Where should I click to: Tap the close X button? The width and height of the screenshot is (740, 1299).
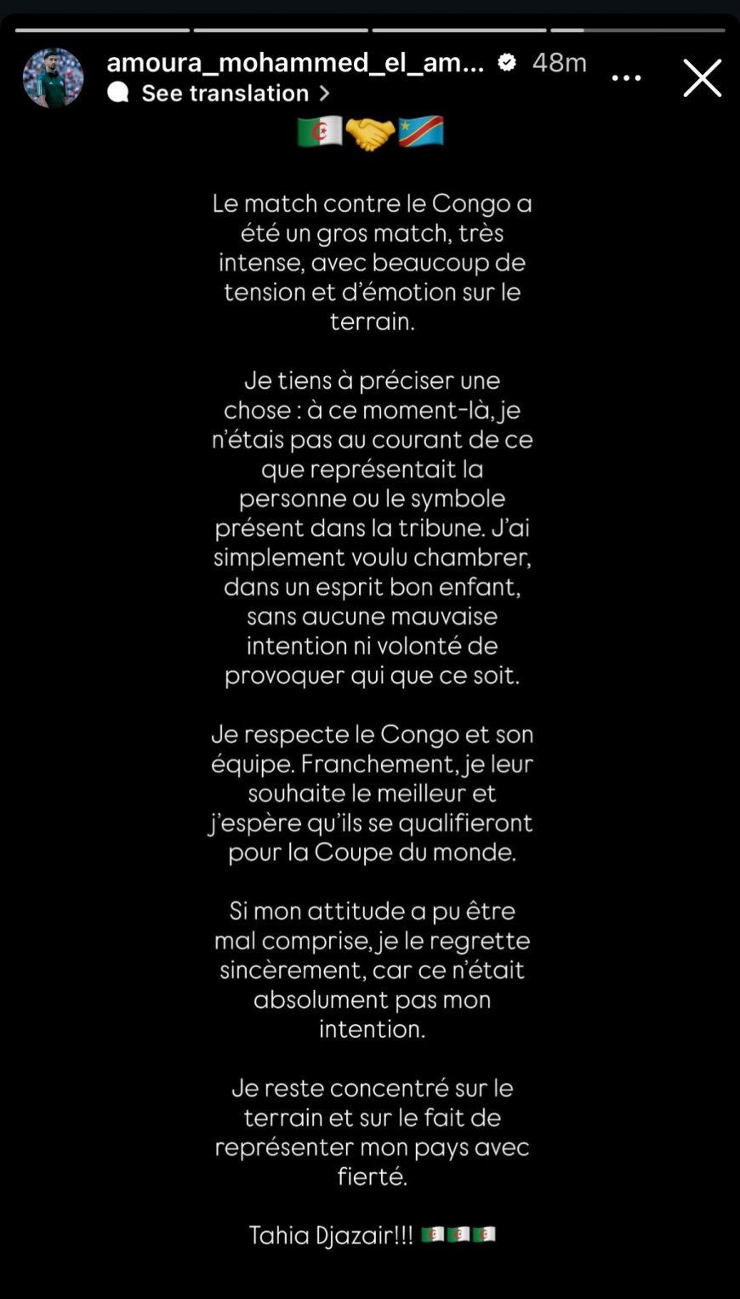coord(702,78)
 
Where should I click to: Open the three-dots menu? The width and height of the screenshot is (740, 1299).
coord(626,78)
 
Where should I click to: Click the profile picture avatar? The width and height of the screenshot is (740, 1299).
coord(53,78)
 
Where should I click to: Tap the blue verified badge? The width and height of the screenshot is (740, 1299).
coord(507,62)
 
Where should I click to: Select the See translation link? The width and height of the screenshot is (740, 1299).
coord(225,93)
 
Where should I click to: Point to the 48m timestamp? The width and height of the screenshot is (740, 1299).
coord(559,62)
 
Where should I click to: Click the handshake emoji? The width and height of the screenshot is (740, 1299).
coord(370,133)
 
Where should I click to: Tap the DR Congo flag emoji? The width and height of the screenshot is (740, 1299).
coord(421,132)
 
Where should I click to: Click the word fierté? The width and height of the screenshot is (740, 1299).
coord(372,1177)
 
